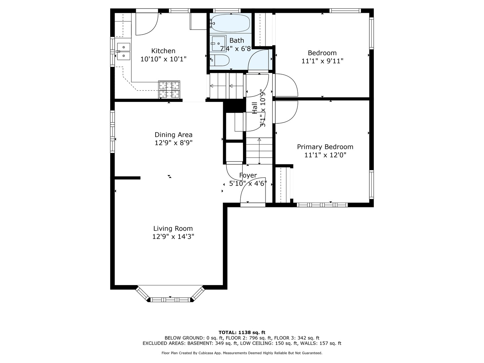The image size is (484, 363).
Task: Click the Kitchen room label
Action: click(163, 51)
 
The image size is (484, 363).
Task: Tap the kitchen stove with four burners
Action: click(169, 89)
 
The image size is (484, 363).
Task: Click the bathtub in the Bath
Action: click(231, 23)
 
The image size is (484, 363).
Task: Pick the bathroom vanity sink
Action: click(218, 43)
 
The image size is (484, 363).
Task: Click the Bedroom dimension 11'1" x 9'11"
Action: click(322, 61)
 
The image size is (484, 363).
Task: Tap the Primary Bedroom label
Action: click(325, 147)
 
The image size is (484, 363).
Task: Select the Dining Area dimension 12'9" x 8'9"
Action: click(173, 143)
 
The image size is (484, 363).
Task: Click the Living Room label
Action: click(173, 229)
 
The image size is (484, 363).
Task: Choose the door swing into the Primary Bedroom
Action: click(286, 112)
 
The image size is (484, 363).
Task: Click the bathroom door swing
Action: click(259, 60)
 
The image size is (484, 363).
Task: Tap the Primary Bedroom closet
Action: click(283, 185)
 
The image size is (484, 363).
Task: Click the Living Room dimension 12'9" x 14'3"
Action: click(173, 237)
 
